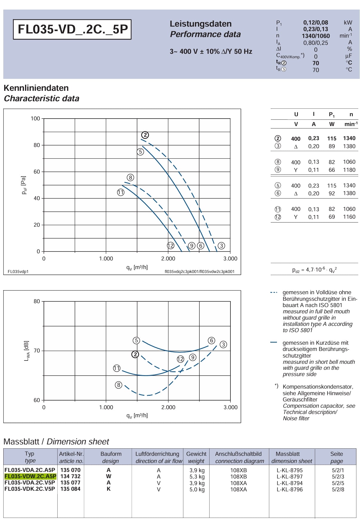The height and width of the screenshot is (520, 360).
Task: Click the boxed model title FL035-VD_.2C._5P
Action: pos(72,29)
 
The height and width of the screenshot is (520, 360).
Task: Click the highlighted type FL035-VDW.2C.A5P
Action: pos(30,476)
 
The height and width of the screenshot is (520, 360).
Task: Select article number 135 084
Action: pos(70,489)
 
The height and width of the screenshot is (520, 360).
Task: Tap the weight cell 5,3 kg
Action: pos(197,477)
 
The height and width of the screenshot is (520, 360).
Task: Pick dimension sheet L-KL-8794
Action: pos(290,483)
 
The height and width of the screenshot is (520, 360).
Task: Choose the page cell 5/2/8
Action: pos(338,489)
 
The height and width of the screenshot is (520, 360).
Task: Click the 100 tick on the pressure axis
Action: pos(35,119)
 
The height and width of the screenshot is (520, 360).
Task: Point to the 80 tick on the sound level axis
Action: pos(36,301)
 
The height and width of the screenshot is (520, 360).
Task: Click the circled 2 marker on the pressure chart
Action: pos(145,135)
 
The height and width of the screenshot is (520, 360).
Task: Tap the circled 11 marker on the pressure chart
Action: pos(121,192)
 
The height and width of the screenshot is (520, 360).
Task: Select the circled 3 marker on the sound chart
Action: pos(223,345)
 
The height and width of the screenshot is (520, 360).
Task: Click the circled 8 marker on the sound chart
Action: pos(119,385)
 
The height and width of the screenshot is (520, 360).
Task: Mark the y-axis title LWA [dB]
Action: pos(27,351)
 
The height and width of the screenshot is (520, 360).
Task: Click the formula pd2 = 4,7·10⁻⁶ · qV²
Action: pos(315,270)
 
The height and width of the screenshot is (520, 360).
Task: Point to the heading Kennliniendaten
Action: pos(36,88)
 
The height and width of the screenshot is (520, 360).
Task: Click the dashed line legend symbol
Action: pos(274,293)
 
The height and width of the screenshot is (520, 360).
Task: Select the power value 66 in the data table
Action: pos(332,170)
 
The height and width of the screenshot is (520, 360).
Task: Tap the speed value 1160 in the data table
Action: pos(349,217)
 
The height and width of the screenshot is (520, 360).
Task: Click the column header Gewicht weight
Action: pos(196,457)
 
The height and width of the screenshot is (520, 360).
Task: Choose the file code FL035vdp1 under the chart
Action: pos(18,271)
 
